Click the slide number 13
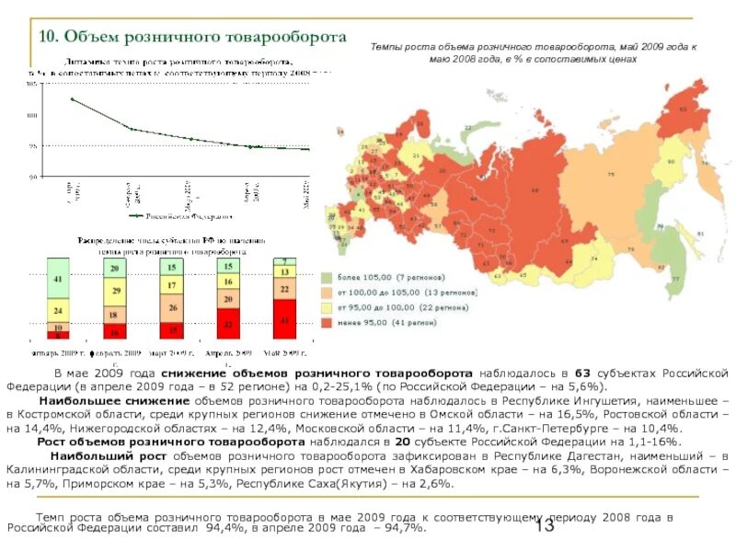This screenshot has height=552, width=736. click(544, 526)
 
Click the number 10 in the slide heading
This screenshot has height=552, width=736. click(49, 37)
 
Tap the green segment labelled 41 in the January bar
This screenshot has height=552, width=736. click(59, 279)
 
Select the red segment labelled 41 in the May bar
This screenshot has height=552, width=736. click(284, 321)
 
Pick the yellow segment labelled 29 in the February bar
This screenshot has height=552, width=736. click(115, 291)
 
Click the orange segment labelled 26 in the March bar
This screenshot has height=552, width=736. click(172, 308)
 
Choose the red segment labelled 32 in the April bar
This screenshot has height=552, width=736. click(228, 325)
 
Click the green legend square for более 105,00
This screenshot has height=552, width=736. click(327, 277)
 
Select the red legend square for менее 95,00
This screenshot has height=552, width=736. click(327, 323)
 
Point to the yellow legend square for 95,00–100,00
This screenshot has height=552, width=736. click(327, 307)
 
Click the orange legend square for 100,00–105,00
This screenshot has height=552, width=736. click(327, 293)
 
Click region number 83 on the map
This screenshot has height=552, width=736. click(684, 109)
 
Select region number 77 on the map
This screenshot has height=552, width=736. click(675, 279)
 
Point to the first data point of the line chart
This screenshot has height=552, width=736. click(72, 98)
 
